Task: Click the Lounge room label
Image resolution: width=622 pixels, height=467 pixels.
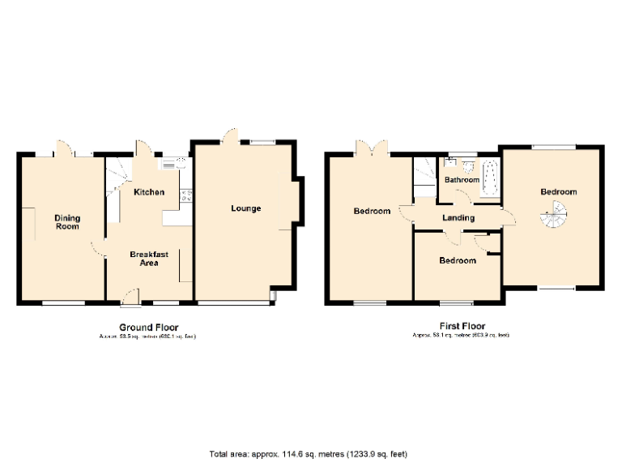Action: point(245,208)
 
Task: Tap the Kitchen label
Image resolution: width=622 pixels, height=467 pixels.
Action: point(149,192)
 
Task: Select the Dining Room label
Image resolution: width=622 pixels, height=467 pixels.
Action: point(67,221)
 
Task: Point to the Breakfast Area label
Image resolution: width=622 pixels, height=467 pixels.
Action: point(149,258)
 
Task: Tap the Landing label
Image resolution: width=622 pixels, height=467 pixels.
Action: point(457,217)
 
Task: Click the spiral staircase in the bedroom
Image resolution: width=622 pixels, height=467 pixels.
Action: point(555,215)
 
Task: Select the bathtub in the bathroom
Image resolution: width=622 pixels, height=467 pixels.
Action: point(490,178)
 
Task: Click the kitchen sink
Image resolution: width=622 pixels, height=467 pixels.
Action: point(169,164)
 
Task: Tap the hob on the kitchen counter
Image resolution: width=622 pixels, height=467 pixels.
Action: point(185,195)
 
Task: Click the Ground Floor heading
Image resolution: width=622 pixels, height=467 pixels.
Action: point(148,327)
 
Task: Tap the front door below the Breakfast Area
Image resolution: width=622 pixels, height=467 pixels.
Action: point(128,305)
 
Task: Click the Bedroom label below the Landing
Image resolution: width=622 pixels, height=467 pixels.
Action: point(457,260)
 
